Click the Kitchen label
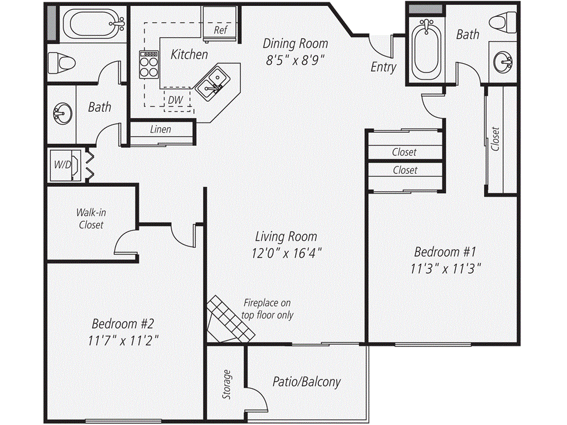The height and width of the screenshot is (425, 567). point(189,55)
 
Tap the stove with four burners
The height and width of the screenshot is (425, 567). point(149,64)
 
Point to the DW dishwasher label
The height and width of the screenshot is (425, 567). point(176,100)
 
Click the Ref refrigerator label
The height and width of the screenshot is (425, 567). point(220,30)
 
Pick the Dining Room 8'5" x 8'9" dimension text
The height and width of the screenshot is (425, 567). point(295,60)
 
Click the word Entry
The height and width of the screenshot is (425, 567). point(383,67)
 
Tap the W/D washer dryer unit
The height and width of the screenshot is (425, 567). point(65,165)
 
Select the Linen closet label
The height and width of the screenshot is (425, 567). point(161,129)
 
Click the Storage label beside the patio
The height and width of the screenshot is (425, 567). point(226,384)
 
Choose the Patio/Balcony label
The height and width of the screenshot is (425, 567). point(307,382)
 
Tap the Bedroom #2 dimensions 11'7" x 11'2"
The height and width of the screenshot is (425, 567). point(123,340)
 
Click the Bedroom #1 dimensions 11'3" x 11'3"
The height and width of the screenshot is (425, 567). point(446,269)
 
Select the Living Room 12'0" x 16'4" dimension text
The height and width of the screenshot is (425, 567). point(287,253)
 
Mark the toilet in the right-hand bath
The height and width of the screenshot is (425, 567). point(503,21)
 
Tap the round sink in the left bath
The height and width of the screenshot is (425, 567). point(62,113)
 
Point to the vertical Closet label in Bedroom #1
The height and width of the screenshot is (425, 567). point(494,139)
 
